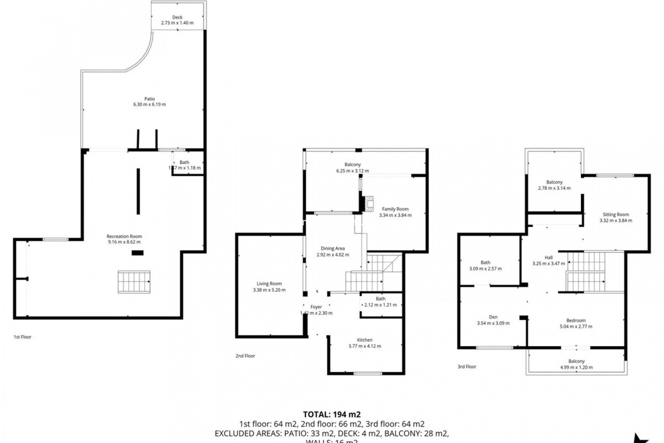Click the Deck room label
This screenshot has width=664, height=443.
point(177,17)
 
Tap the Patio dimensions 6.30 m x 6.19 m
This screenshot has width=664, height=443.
point(149,105)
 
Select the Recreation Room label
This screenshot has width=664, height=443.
point(124,236)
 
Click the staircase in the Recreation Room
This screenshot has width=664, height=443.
point(134,282)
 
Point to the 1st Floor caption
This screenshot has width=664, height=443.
point(22,337)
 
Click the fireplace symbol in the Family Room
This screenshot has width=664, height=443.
point(370,204)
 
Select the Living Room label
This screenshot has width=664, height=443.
point(269,284)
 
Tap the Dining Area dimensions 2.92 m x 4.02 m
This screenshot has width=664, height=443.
point(333,255)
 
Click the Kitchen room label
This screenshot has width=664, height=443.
point(365,340)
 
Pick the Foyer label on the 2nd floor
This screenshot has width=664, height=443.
point(316,307)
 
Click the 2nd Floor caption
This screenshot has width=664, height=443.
point(245,356)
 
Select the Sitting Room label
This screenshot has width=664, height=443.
point(616,215)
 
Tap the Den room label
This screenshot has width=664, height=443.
point(493,317)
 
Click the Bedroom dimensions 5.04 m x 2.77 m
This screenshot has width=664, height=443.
point(576,326)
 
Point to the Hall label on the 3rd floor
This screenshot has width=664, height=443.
point(548,257)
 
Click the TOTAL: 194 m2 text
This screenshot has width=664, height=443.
point(332,414)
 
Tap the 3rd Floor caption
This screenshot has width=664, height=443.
point(467,367)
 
